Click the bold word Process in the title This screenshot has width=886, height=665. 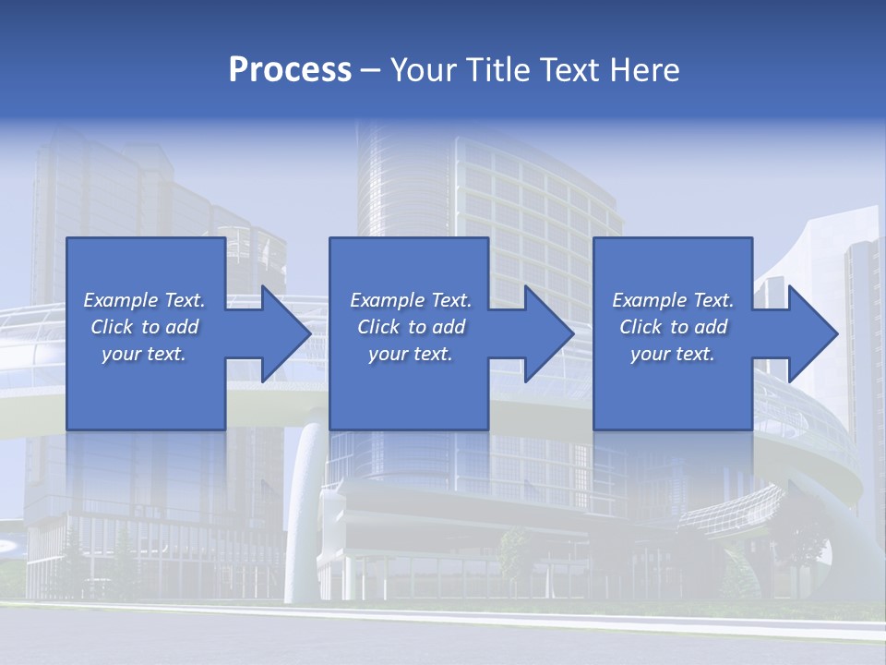tap(290, 69)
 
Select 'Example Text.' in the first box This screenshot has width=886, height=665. tap(144, 300)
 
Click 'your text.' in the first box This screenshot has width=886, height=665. tap(144, 354)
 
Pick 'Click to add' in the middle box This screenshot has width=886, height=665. tap(411, 327)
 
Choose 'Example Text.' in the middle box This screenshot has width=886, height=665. tap(411, 300)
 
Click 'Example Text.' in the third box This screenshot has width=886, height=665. tap(673, 300)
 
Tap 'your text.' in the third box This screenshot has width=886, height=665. tap(673, 354)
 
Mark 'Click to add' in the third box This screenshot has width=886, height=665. tap(673, 327)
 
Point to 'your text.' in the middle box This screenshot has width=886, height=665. tap(411, 354)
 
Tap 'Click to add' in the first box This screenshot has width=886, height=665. tap(144, 327)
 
